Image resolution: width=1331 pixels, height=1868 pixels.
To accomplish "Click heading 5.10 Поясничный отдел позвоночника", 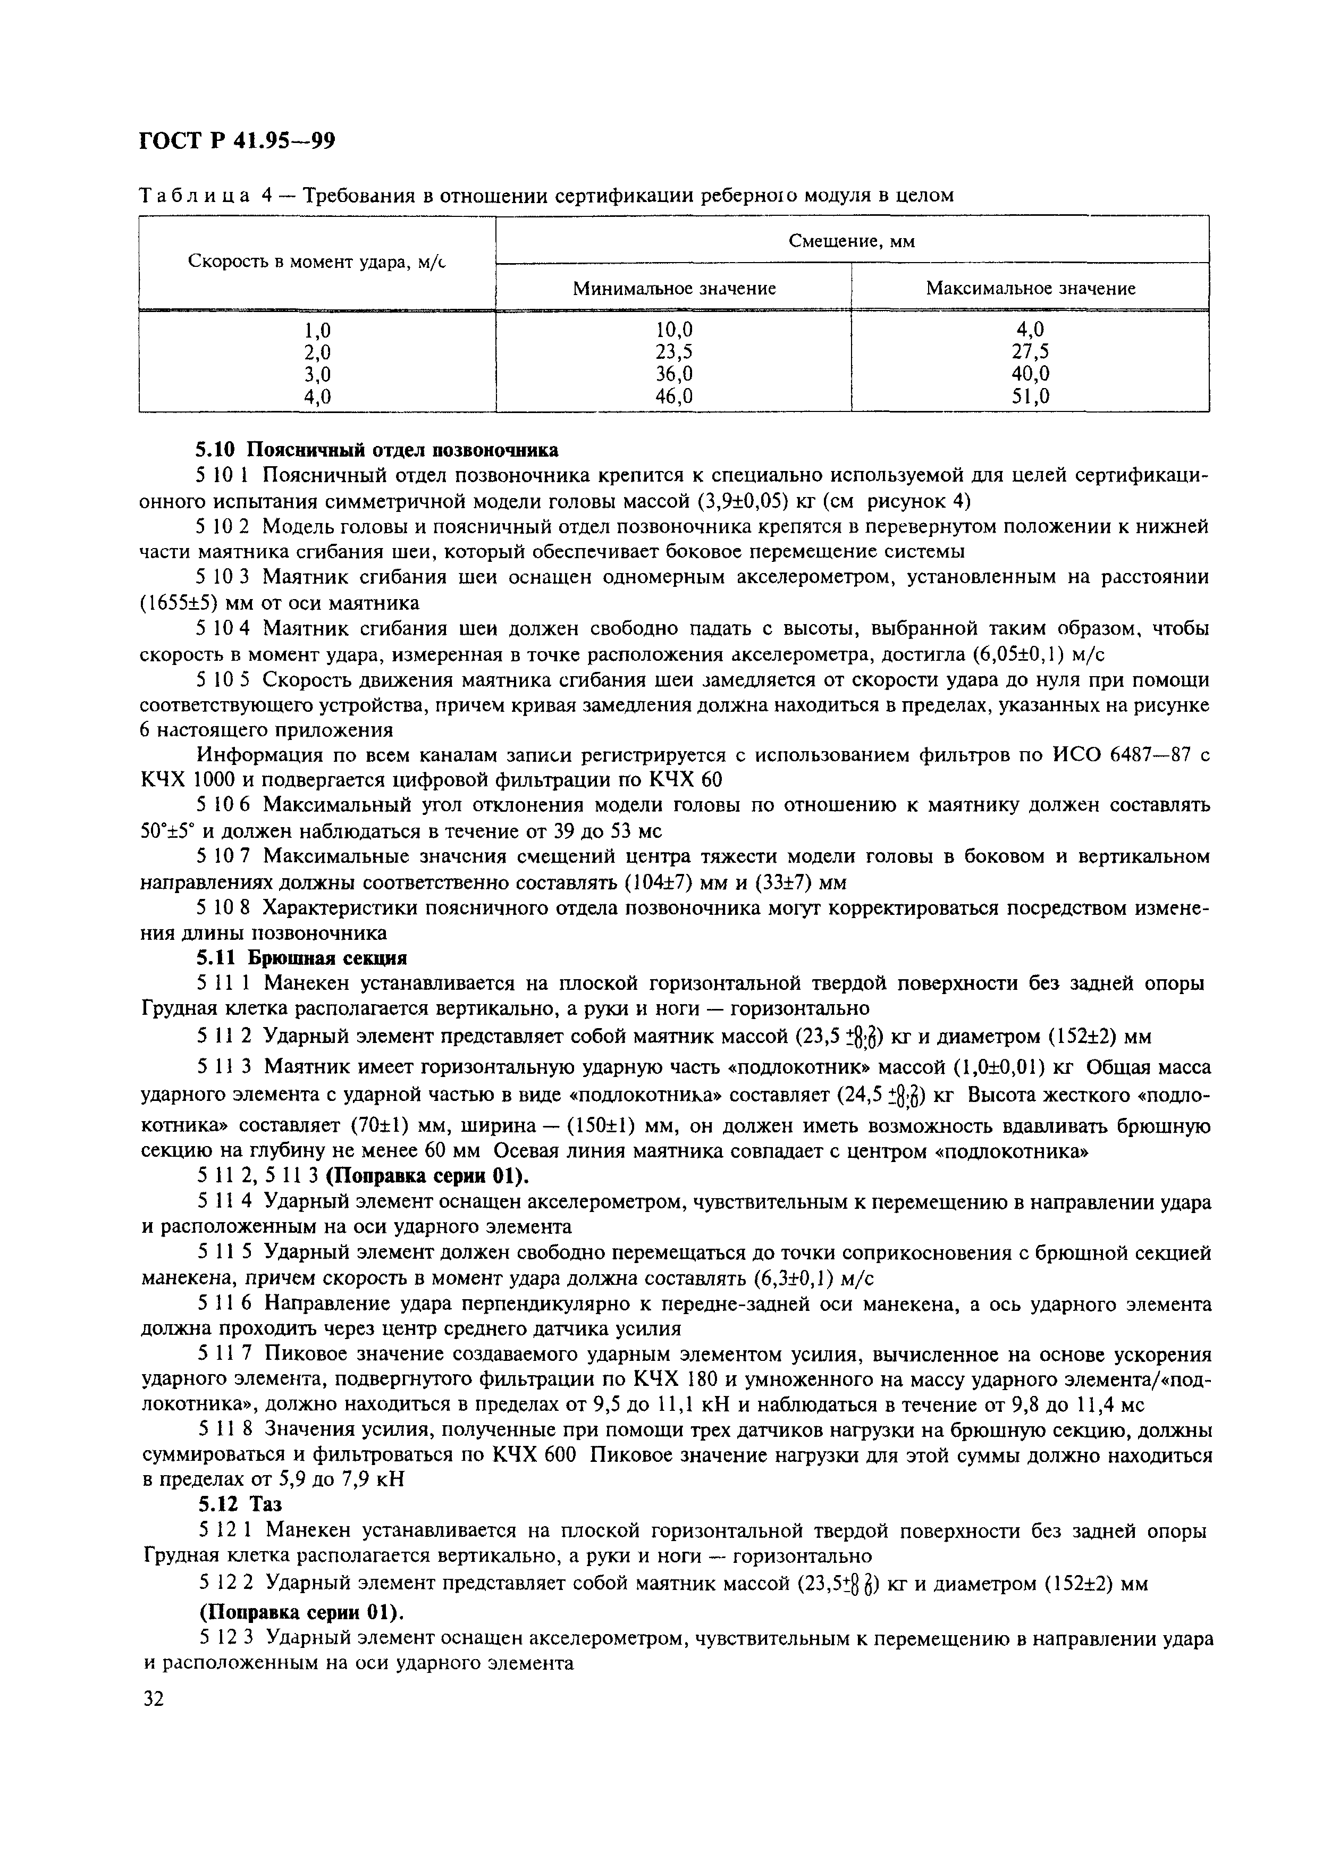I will pyautogui.click(x=378, y=450).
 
